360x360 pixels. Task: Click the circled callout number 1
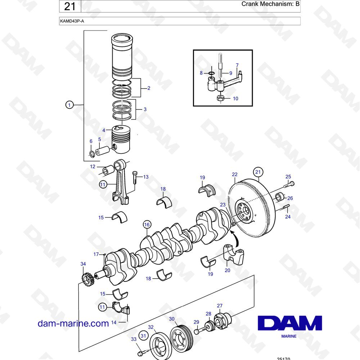[69, 105]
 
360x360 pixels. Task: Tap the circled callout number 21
[258, 172]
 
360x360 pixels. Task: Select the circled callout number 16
[147, 225]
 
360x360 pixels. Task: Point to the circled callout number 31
[143, 336]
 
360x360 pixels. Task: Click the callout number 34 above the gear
[83, 264]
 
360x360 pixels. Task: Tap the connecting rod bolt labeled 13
[135, 177]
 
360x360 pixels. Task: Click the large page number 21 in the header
[70, 6]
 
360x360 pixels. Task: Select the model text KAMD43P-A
[72, 21]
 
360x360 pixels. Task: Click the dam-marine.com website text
[73, 323]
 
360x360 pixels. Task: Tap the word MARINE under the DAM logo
[289, 336]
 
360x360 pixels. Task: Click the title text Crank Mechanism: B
[270, 4]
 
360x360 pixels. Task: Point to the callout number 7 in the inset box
[237, 66]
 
